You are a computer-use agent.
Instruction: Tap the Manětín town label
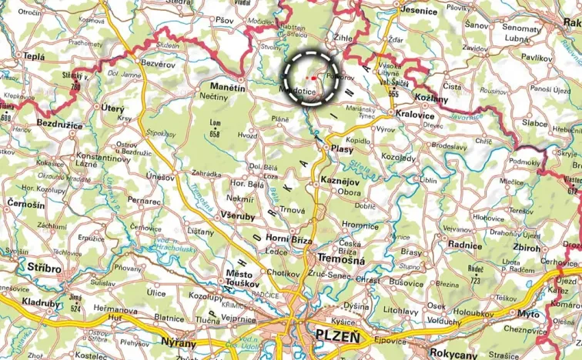pos(228,88)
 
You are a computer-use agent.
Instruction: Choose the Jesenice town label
pos(421,12)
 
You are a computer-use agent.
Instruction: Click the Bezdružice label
pos(62,124)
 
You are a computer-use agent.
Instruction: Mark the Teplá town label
pos(34,56)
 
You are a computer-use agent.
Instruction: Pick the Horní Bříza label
pos(288,240)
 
